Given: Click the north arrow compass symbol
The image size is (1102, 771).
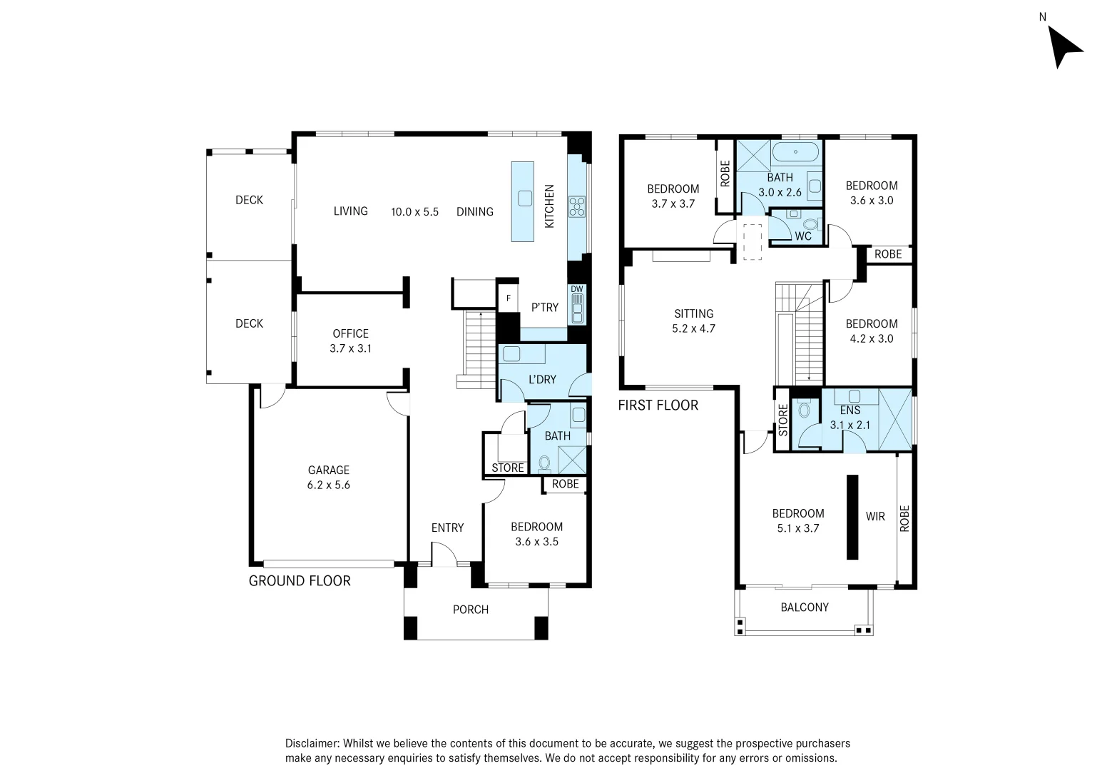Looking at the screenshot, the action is (x=1063, y=49).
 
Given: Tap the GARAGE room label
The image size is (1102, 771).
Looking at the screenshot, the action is (x=329, y=470).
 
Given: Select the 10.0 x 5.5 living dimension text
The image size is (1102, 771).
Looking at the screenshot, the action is (x=414, y=212).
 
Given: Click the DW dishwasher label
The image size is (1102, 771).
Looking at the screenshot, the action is (x=576, y=290).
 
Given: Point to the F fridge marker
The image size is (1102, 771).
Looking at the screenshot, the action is (x=508, y=298).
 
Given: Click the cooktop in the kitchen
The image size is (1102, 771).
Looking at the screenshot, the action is (x=577, y=206).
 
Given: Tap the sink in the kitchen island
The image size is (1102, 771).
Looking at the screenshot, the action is (x=525, y=198).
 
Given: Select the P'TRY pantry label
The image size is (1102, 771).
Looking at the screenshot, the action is (x=545, y=308).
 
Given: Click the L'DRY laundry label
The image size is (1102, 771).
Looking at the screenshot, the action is (x=542, y=380).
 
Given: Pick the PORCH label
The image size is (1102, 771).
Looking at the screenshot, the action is (x=471, y=610).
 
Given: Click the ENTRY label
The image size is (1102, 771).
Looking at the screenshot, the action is (x=448, y=528).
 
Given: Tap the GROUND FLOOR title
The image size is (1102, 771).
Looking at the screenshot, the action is (x=300, y=581).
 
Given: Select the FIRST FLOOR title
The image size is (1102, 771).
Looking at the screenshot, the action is (x=658, y=405).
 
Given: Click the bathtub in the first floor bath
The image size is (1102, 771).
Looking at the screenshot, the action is (x=795, y=151).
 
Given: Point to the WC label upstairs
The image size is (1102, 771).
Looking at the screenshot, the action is (x=803, y=236).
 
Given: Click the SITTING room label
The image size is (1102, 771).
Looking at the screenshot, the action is (x=694, y=313).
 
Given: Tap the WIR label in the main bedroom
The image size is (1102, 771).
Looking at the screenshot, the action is (x=875, y=516).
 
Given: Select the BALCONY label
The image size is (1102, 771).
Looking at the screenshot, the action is (x=805, y=607).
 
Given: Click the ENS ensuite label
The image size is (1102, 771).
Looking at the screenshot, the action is (x=850, y=410).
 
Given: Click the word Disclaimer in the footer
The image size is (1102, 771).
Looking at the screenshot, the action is (x=312, y=743).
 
